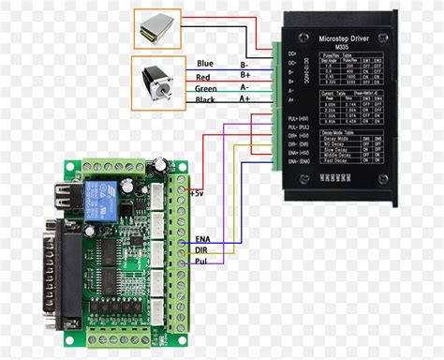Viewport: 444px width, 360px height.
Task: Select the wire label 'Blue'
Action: pos(205,64)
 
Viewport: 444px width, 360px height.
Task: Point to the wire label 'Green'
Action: pos(207,87)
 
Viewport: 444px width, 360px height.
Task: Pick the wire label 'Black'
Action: pos(206,99)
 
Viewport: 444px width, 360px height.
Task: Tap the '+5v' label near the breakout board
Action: pos(196,192)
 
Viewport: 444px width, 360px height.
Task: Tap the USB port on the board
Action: pos(67,199)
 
